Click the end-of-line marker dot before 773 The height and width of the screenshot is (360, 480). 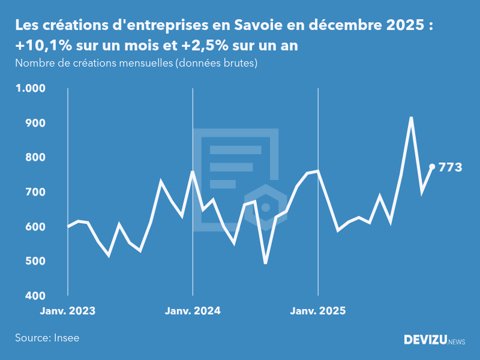pos(432,167)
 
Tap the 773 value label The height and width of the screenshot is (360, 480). pos(451,167)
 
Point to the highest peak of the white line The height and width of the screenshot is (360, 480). pos(411,118)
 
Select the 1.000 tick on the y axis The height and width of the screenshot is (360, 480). pos(30,88)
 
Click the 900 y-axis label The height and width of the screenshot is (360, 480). pos(34,123)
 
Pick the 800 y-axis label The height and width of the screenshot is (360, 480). pos(34,158)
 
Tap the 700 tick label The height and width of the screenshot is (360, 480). pos(34,192)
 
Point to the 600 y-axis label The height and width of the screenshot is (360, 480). pos(34,227)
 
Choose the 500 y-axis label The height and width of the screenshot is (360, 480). pos(34,262)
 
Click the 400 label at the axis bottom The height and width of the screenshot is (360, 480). pos(34,296)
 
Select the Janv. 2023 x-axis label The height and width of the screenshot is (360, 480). pos(68,311)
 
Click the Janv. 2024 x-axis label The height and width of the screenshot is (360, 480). pos(193,311)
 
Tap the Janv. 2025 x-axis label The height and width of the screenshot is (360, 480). pos(318,311)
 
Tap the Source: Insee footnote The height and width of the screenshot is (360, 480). pos(47,338)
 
